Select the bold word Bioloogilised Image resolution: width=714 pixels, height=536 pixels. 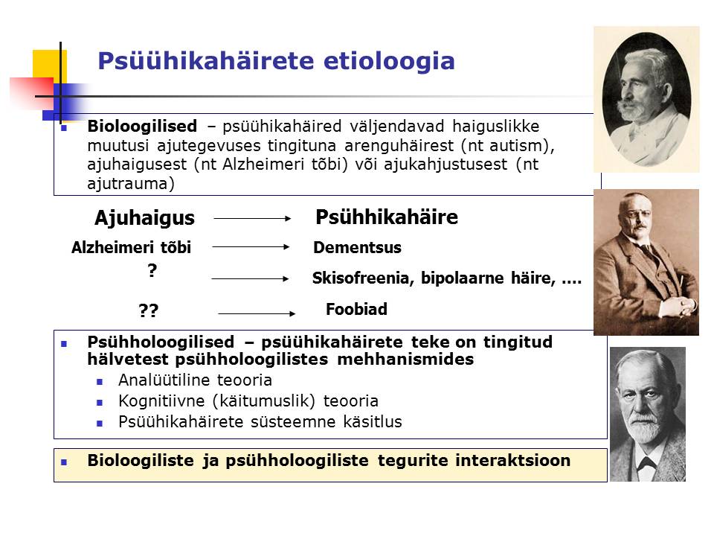click(142, 126)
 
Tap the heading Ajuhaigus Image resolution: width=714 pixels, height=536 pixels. click(144, 218)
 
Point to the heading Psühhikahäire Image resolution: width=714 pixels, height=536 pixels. click(387, 217)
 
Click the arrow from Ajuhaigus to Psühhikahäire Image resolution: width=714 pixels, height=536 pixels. click(252, 219)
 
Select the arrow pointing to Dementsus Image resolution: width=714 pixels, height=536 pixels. click(251, 247)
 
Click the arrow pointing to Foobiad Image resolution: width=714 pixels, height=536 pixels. click(257, 313)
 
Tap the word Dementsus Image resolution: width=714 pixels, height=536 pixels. click(357, 247)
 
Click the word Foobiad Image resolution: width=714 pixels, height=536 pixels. click(356, 309)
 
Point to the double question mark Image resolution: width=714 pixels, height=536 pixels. click(148, 310)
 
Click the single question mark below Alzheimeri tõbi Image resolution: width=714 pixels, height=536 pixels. click(152, 271)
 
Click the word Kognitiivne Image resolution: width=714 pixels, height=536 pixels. click(161, 401)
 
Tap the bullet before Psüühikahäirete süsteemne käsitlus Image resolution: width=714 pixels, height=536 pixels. click(100, 424)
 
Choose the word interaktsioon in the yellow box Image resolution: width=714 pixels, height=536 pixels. click(512, 460)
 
